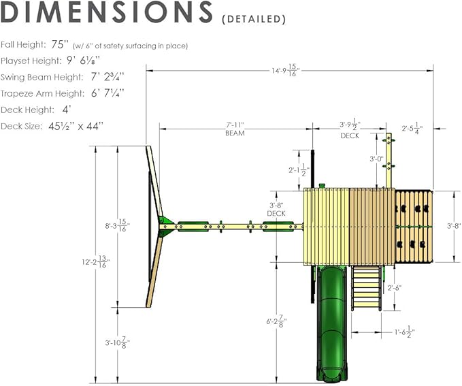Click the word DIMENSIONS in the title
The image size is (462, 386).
coord(106,12)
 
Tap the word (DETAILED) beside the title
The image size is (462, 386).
coord(254,19)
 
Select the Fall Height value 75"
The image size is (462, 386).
coord(57,44)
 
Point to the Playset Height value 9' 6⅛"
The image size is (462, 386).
coord(83,61)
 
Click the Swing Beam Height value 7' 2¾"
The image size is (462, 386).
coord(108,77)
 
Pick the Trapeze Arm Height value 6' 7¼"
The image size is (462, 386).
coord(108,93)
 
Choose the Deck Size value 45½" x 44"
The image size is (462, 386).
coord(76,126)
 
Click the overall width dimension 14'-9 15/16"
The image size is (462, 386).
coord(286,71)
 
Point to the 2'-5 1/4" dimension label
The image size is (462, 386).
coord(412,128)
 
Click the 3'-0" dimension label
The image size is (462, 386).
coord(376,159)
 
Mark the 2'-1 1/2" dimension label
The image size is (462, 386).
coord(299,170)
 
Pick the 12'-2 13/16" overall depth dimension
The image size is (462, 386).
coord(96,262)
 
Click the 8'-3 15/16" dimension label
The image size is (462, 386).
coord(118,225)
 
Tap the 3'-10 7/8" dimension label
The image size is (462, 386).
coord(118,343)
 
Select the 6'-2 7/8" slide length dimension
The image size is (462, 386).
coord(276,321)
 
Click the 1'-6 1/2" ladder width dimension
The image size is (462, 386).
coord(405,332)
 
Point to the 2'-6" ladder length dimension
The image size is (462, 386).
coord(395,288)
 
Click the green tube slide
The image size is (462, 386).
coord(331,323)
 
